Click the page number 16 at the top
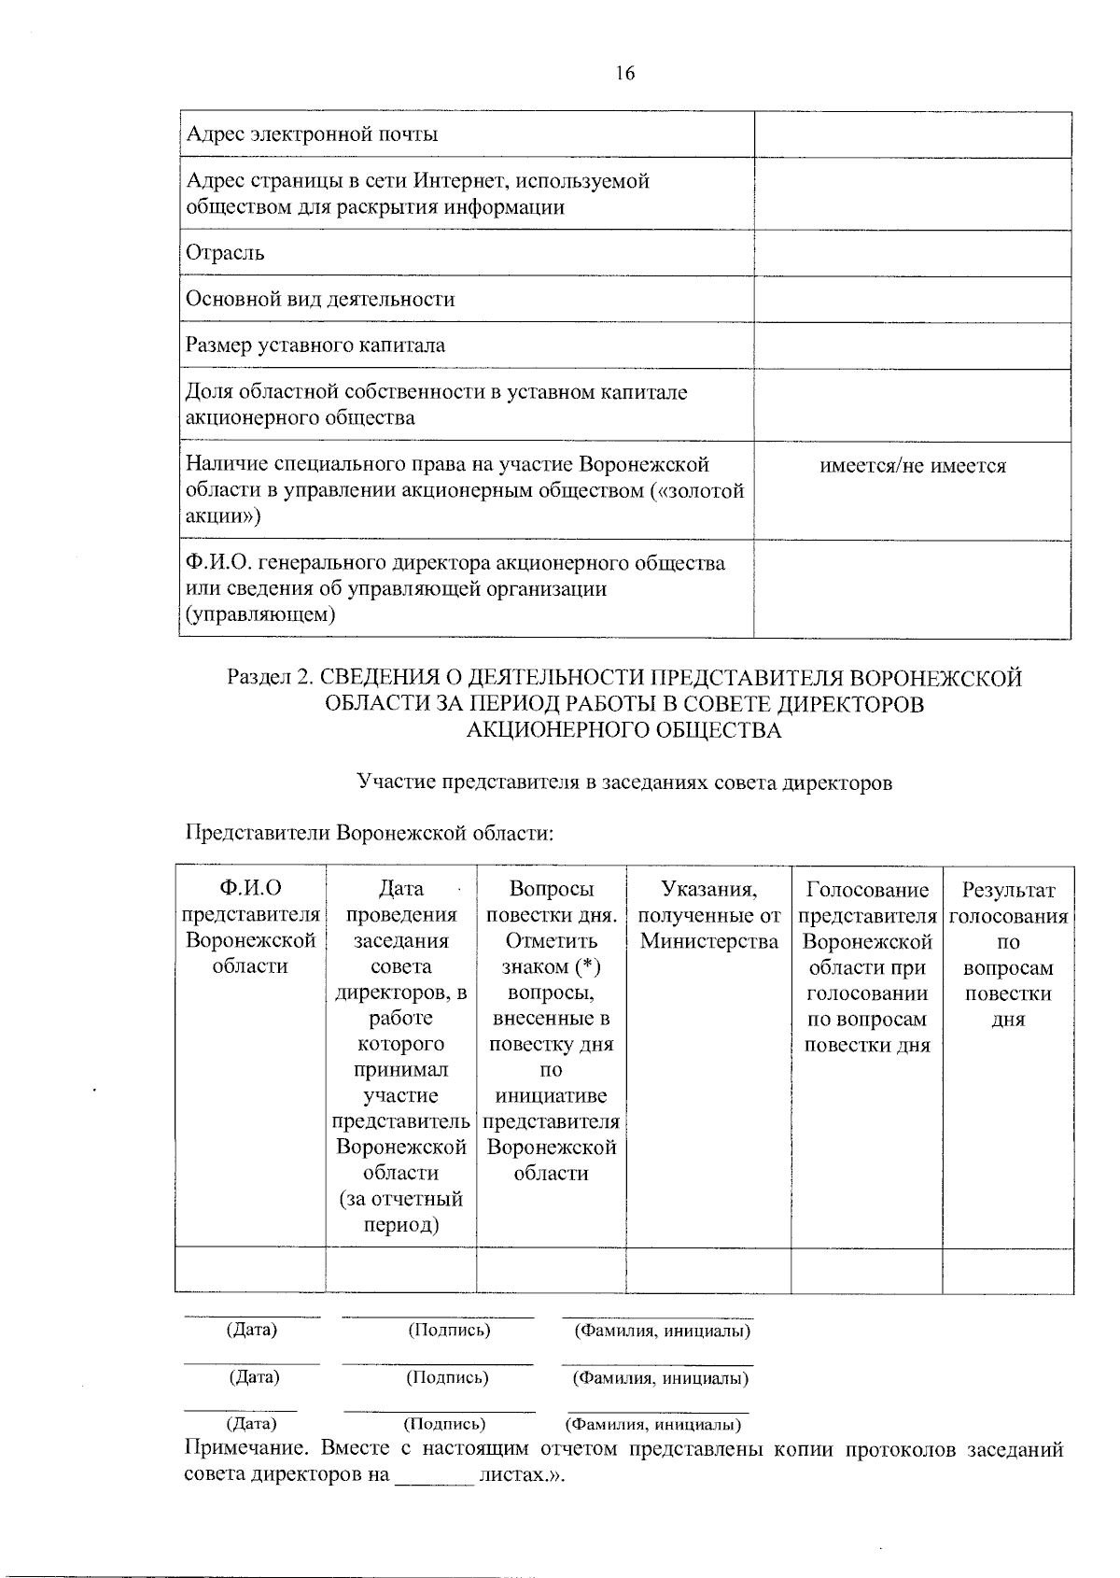click(x=624, y=74)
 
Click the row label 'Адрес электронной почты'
click(x=312, y=134)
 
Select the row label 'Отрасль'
click(x=225, y=253)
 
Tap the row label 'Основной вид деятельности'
click(x=320, y=300)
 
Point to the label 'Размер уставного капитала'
click(x=315, y=345)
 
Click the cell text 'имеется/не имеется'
click(x=912, y=466)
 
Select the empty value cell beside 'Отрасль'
click(x=912, y=253)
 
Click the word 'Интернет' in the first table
click(x=460, y=181)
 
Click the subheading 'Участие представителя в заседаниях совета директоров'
click(x=624, y=782)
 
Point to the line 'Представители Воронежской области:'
click(x=370, y=832)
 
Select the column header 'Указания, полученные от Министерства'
click(x=708, y=915)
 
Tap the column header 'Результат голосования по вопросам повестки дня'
click(x=1007, y=954)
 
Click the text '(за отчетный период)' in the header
click(x=400, y=1211)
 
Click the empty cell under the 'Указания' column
click(x=708, y=1270)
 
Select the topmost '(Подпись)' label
click(x=449, y=1330)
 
